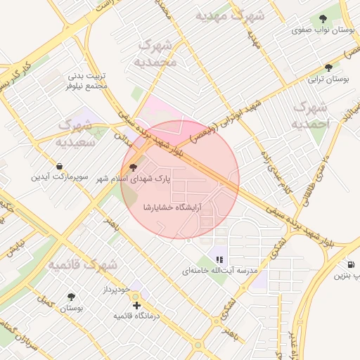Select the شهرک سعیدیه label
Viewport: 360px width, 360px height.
[x=76, y=132]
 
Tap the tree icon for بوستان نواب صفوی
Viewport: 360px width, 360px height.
[x=323, y=19]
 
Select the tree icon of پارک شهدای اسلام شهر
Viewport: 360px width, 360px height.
[x=133, y=167]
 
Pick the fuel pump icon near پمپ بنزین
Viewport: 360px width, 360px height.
[x=350, y=264]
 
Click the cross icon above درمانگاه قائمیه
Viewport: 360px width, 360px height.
[x=136, y=305]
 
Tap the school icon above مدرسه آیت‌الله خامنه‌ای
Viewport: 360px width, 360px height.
[x=219, y=259]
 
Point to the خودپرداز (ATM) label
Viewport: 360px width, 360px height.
[x=117, y=290]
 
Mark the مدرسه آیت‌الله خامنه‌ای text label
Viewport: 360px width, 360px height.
[x=220, y=270]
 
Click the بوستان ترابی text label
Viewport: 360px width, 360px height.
[x=334, y=80]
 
